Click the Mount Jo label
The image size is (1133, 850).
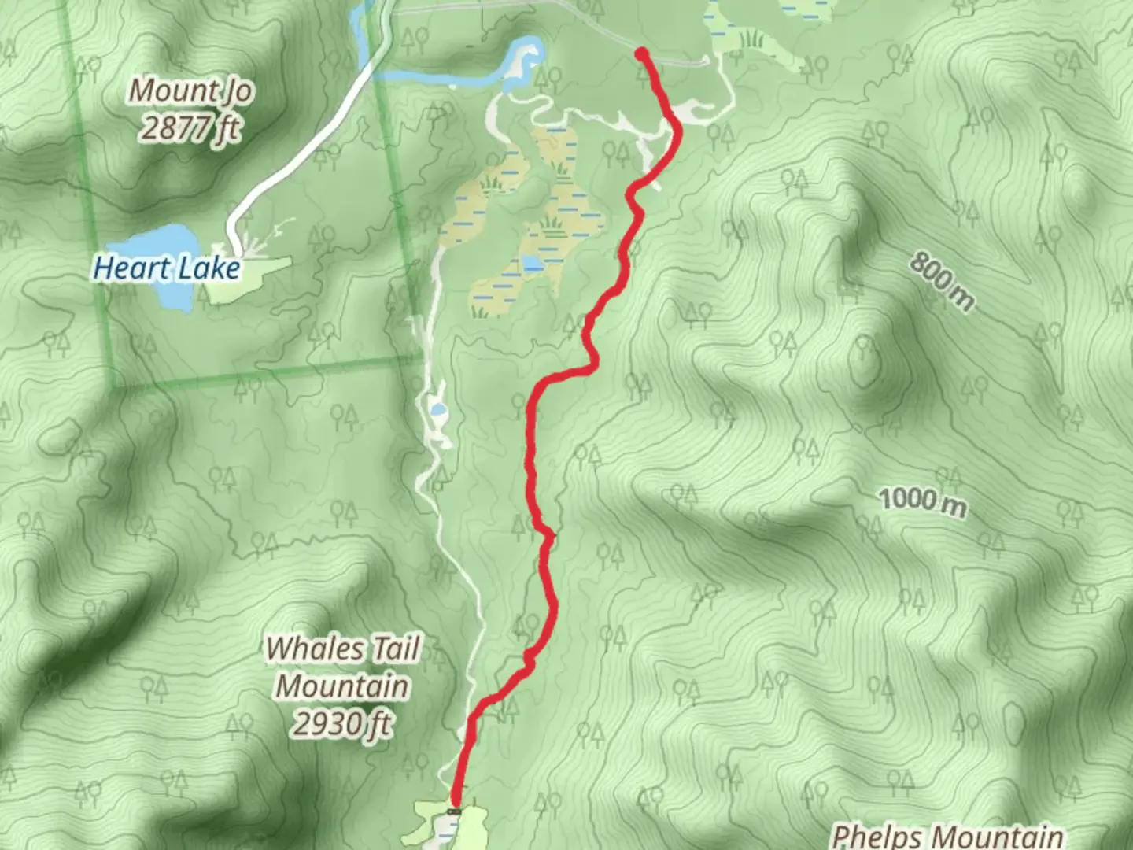coord(190,91)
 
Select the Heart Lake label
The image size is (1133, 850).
coord(166,268)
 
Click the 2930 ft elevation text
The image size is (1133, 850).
coord(342,722)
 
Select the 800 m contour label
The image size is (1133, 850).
coord(942,281)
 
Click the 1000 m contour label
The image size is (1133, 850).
coord(921,501)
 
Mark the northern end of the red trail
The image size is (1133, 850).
coord(642,54)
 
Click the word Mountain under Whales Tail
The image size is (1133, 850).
coord(342,686)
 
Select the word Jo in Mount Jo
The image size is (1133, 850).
coord(236,91)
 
